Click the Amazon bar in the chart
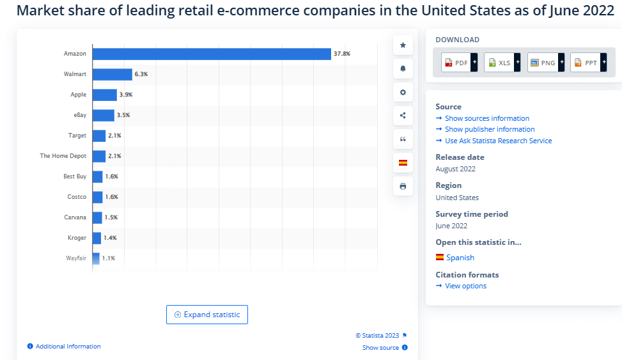(x=211, y=54)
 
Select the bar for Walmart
(x=113, y=74)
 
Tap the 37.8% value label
(x=341, y=54)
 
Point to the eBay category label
(x=79, y=115)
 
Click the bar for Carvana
(x=97, y=217)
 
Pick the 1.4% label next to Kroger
(x=110, y=238)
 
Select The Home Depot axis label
(x=63, y=156)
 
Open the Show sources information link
(x=486, y=118)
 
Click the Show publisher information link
(x=490, y=129)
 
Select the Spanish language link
(x=460, y=258)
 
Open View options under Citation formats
(x=465, y=286)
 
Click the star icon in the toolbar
(x=403, y=45)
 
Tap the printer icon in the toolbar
(x=403, y=186)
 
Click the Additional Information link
(x=68, y=347)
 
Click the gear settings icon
(x=403, y=92)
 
